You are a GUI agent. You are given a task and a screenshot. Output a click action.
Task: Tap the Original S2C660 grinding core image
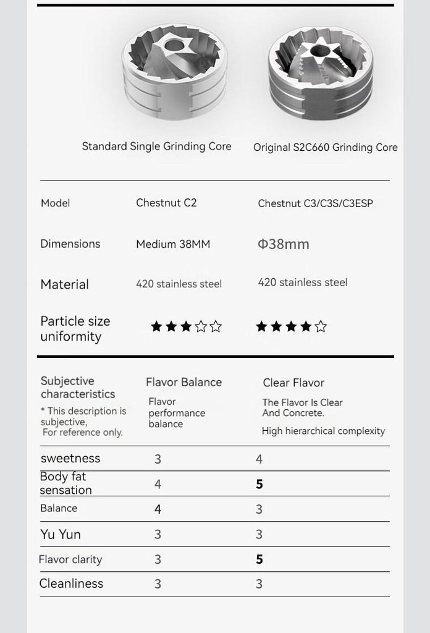321,72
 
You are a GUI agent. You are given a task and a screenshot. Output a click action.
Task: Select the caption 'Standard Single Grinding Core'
156,147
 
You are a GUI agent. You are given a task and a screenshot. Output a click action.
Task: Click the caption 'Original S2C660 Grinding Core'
325,148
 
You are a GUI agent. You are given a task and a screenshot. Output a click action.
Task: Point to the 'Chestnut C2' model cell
166,203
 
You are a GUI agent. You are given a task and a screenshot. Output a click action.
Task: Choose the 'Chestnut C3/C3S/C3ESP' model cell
315,203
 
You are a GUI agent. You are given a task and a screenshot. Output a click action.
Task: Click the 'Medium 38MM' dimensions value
173,244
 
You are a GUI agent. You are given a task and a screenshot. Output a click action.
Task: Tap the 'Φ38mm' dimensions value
283,244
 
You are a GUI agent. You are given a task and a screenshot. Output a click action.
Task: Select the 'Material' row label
64,284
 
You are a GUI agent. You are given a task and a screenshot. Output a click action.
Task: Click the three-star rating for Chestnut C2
186,326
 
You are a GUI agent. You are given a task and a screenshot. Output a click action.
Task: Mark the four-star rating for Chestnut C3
291,326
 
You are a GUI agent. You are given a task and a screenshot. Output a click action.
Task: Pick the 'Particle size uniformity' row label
75,329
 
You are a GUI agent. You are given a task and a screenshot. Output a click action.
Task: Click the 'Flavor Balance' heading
183,382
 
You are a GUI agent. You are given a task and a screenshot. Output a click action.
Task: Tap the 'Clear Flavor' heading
293,383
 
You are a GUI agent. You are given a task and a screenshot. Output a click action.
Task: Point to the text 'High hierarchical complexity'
323,431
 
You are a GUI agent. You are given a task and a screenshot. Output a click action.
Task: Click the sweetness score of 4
259,459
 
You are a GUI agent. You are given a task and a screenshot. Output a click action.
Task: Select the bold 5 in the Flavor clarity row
259,559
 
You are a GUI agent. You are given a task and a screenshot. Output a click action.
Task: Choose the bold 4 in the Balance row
158,509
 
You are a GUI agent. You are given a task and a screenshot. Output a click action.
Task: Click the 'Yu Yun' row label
61,534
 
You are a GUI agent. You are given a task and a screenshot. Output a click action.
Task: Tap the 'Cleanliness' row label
71,584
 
